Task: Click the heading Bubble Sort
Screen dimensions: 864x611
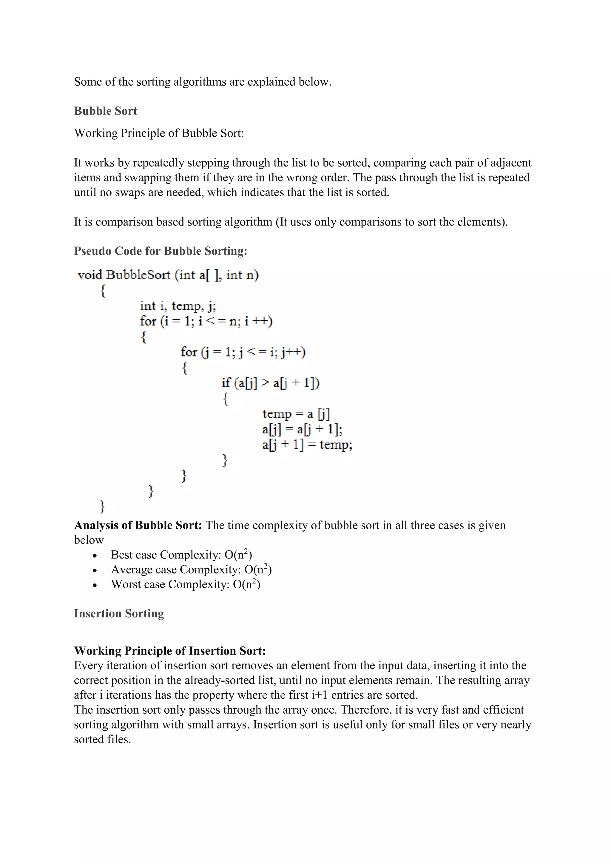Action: [x=105, y=111]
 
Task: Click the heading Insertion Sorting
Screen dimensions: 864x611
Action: [x=119, y=613]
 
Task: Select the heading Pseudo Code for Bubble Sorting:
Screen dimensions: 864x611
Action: [x=161, y=251]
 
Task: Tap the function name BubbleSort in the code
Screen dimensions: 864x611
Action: [x=138, y=275]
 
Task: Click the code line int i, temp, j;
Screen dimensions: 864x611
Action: [x=178, y=306]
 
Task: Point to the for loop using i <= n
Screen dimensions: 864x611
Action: [x=206, y=321]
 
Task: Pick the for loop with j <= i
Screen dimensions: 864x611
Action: [x=243, y=352]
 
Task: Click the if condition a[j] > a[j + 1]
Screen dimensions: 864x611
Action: [x=270, y=383]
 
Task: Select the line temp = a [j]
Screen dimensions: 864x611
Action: [x=296, y=414]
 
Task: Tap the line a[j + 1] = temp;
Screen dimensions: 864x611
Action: [x=307, y=445]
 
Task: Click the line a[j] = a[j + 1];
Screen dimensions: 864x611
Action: [x=302, y=429]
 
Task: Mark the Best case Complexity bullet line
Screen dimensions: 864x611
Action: [x=181, y=555]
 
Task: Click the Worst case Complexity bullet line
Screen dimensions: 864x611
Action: [x=186, y=584]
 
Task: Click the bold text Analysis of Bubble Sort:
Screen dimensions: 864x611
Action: [x=138, y=525]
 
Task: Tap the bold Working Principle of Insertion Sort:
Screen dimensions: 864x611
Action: [x=170, y=651]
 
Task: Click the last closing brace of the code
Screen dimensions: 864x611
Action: [x=102, y=507]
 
